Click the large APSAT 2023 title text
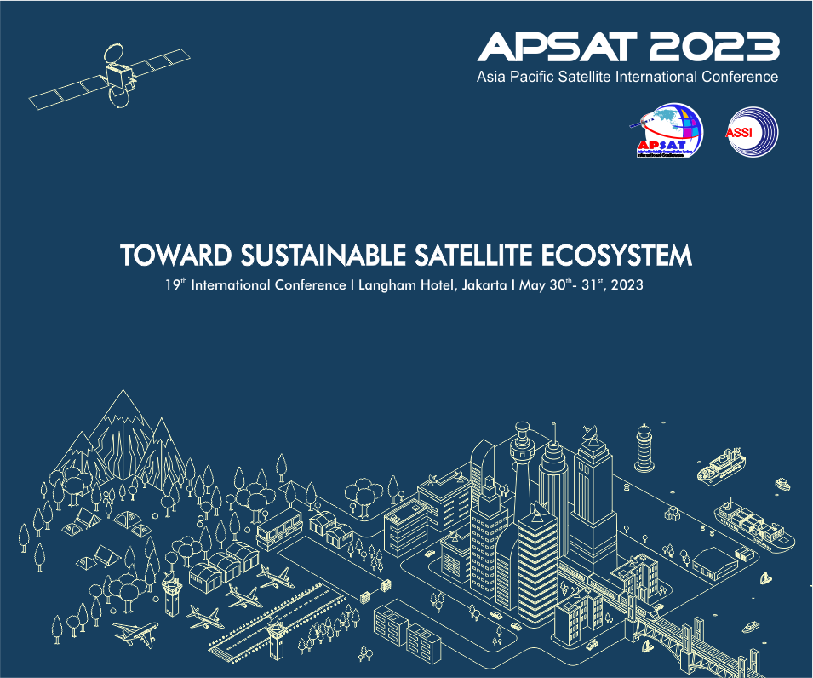pyautogui.click(x=628, y=47)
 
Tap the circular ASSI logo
pyautogui.click(x=752, y=132)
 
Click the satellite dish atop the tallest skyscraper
pyautogui.click(x=590, y=435)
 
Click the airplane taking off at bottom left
pyautogui.click(x=135, y=633)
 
